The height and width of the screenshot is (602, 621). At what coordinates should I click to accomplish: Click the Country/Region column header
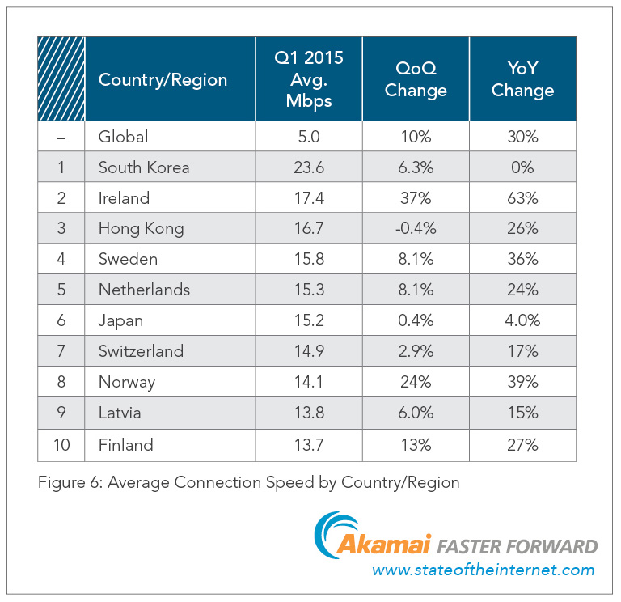click(x=163, y=79)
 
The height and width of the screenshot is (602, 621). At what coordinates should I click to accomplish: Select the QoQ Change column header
click(x=416, y=79)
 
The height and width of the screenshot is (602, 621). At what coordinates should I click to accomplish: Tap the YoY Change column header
click(x=522, y=79)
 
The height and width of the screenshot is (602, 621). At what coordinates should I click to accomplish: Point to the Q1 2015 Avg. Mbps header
click(x=309, y=79)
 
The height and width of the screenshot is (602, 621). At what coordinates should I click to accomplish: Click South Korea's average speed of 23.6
click(x=309, y=167)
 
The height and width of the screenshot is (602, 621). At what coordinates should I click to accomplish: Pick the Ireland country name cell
click(x=124, y=198)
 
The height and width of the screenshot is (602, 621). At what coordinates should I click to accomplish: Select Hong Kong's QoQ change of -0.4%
click(x=416, y=229)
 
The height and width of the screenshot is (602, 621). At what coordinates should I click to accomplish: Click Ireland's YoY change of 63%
click(x=522, y=198)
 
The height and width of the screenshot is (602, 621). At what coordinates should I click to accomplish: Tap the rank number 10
click(x=61, y=445)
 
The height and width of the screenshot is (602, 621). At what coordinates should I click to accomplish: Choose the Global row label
click(x=123, y=137)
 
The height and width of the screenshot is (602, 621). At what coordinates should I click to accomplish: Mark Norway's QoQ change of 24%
click(x=416, y=383)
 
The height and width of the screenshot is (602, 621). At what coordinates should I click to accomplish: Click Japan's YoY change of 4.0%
click(x=522, y=321)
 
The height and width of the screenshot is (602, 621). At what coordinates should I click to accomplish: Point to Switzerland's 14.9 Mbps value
click(x=309, y=352)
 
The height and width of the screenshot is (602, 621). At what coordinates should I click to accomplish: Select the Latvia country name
click(x=120, y=413)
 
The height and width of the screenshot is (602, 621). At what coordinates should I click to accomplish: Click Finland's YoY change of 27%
click(x=522, y=445)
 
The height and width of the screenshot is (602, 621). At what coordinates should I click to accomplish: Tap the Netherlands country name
click(x=144, y=290)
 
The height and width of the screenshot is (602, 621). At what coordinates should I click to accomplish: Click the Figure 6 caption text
click(x=248, y=483)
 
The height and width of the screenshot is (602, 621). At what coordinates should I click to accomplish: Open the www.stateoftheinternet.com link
click(x=483, y=570)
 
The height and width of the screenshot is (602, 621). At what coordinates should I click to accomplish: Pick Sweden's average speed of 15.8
click(x=309, y=260)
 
